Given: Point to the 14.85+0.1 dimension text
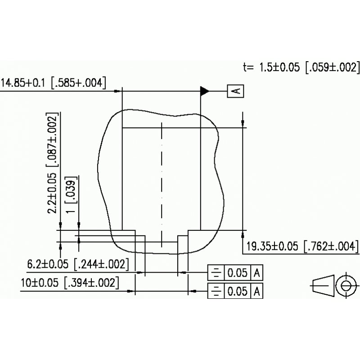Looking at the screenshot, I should (24, 83).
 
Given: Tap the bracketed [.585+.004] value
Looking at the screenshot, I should (78, 83).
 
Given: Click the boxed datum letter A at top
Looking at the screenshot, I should (237, 91).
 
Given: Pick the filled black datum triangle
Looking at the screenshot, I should (205, 91).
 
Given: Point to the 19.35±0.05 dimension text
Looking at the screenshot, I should (273, 247).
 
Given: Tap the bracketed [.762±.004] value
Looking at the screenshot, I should (331, 247).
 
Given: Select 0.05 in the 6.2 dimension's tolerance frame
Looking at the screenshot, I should (237, 273).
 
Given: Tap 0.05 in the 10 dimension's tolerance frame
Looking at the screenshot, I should (237, 291).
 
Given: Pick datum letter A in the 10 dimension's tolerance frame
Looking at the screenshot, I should (257, 291).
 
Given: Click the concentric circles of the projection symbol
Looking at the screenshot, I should (346, 285).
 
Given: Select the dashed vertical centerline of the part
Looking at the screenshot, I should (161, 184).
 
